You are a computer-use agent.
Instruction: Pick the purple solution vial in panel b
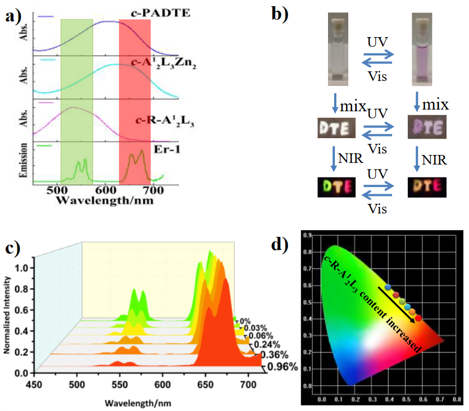click(423, 48)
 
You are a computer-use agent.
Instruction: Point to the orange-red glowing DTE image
click(425, 186)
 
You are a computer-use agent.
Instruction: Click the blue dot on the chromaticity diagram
click(388, 288)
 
